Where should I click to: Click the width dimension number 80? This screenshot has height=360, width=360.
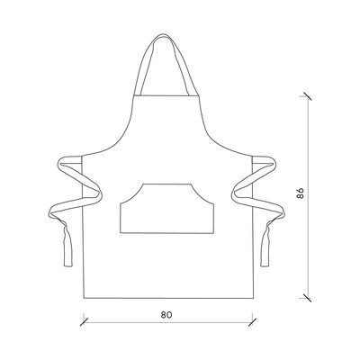coord(166,315)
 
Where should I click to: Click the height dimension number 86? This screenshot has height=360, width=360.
coord(301,193)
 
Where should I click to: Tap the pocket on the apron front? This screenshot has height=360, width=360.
coord(166,208)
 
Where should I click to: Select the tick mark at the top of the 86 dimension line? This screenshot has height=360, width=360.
coord(306,96)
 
